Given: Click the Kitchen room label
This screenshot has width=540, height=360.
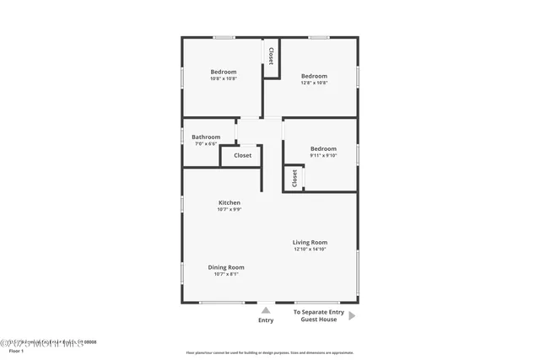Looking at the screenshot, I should pyautogui.click(x=229, y=202).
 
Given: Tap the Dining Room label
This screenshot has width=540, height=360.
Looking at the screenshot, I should pyautogui.click(x=226, y=267).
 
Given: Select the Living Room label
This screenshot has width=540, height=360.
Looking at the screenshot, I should pyautogui.click(x=310, y=242).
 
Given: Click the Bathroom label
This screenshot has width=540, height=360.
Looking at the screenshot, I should pyautogui.click(x=206, y=137).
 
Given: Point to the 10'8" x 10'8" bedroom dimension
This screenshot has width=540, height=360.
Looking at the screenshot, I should pyautogui.click(x=224, y=79).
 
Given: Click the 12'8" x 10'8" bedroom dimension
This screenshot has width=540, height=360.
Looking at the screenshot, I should pyautogui.click(x=314, y=83).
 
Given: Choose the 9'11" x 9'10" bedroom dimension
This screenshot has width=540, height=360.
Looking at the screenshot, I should pyautogui.click(x=322, y=155).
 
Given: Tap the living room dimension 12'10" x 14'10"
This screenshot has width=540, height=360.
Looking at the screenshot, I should pyautogui.click(x=310, y=249).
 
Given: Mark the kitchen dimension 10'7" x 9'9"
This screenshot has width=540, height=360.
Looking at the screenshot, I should pyautogui.click(x=229, y=209).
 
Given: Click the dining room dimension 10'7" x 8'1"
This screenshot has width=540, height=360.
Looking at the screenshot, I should pyautogui.click(x=226, y=274).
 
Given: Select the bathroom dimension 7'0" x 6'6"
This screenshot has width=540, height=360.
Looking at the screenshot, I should pyautogui.click(x=206, y=144).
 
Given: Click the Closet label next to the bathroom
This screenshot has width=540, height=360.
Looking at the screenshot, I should pyautogui.click(x=243, y=155).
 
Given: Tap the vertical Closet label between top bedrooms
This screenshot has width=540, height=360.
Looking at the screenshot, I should pyautogui.click(x=271, y=56).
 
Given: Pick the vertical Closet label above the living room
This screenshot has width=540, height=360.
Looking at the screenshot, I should pyautogui.click(x=294, y=178).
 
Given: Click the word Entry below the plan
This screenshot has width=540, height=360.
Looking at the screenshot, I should pyautogui.click(x=266, y=320).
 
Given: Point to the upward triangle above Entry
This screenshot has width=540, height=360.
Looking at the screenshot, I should pyautogui.click(x=266, y=310).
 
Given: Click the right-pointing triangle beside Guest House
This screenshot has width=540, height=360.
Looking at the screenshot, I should pyautogui.click(x=353, y=316).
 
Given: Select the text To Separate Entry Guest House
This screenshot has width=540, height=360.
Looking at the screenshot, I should pyautogui.click(x=315, y=315).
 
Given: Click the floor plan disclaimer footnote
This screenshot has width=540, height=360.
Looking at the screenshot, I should pyautogui.click(x=270, y=352).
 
